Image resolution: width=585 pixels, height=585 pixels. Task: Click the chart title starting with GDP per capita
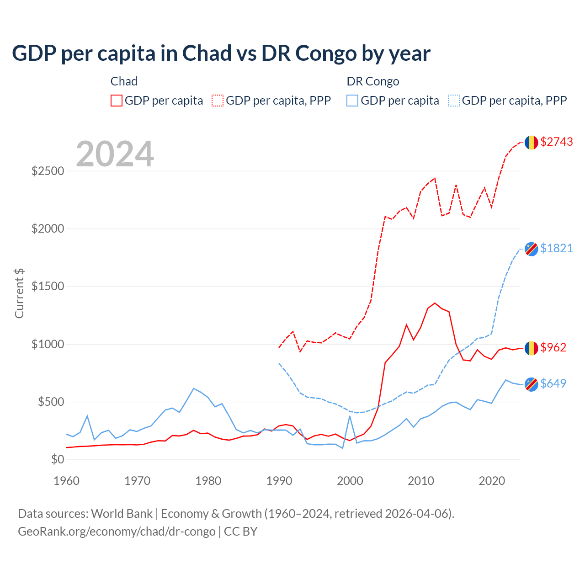tap(221, 53)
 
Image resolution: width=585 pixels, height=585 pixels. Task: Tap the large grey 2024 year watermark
tap(115, 154)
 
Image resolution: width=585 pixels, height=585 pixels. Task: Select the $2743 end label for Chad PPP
tap(556, 142)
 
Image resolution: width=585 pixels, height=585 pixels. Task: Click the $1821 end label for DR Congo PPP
tap(556, 248)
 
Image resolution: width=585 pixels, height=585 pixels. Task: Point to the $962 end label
tap(553, 347)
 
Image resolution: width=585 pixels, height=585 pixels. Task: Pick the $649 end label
tap(553, 383)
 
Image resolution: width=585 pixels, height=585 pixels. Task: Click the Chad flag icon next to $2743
tap(531, 143)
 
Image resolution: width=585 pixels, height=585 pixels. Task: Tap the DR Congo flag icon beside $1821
tap(531, 249)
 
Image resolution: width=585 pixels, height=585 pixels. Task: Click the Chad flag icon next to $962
tap(531, 348)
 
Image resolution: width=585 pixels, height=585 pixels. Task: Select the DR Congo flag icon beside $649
tap(531, 384)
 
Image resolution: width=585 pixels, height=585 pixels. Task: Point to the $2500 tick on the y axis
tap(48, 171)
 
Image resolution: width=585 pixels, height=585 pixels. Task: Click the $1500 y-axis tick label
tap(48, 287)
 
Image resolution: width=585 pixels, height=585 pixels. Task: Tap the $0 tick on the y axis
tap(57, 459)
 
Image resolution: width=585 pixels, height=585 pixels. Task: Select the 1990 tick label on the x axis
tap(279, 481)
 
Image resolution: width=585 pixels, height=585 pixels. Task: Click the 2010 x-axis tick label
tap(421, 481)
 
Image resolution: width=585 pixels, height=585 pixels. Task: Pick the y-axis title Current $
tap(19, 293)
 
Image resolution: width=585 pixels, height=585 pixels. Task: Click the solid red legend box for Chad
tap(117, 101)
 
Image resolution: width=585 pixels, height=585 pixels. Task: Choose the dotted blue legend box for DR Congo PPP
tap(454, 101)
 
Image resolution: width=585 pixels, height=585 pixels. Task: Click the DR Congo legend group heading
tap(373, 81)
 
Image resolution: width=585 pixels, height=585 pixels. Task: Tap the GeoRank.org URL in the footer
tap(117, 532)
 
